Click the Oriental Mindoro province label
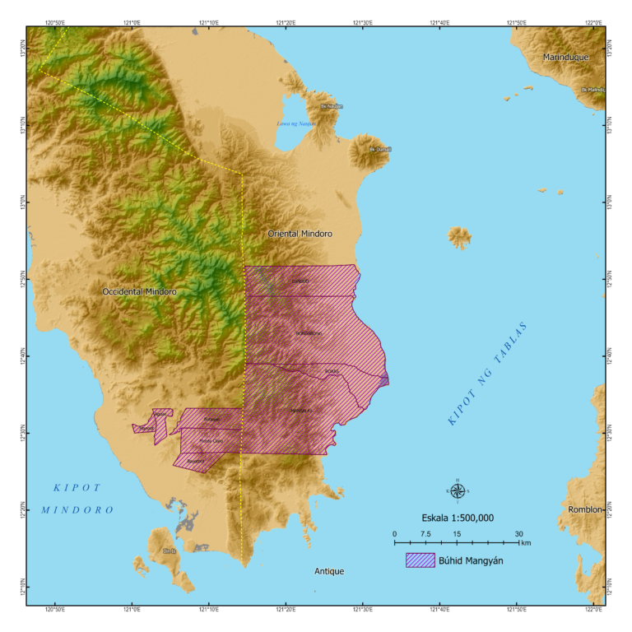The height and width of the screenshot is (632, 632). tap(300, 234)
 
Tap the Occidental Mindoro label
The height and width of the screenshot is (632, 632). tap(139, 291)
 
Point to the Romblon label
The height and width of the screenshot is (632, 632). tap(586, 510)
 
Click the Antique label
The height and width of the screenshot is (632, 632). tap(329, 571)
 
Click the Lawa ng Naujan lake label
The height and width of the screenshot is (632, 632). tap(296, 124)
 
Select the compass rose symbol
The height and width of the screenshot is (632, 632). tap(458, 490)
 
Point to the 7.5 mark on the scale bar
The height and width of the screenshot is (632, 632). tap(425, 534)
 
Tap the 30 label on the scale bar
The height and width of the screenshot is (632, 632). tap(518, 534)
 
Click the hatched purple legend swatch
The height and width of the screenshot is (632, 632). tap(420, 560)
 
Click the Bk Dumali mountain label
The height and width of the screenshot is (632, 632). tap(380, 150)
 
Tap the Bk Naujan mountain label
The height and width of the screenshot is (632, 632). tap(332, 106)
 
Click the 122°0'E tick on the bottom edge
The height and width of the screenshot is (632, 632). tap(593, 611)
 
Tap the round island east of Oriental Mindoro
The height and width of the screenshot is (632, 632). tap(459, 238)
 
